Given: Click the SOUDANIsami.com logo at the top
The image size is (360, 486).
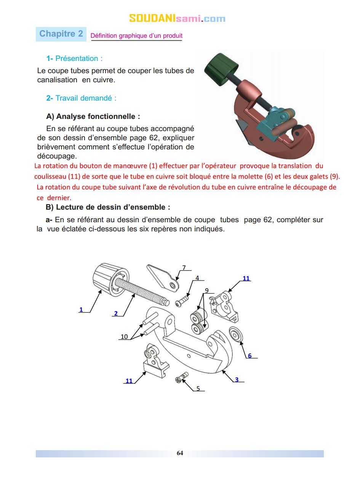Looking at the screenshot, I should [x=177, y=18].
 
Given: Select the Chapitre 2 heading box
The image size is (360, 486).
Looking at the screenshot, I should [x=61, y=34].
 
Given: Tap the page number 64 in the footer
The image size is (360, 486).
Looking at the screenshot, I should [x=180, y=453].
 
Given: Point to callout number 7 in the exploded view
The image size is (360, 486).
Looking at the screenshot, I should [x=184, y=268].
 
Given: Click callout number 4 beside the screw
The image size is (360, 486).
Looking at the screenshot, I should [x=197, y=278].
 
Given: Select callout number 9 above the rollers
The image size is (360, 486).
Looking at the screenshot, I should [x=207, y=290].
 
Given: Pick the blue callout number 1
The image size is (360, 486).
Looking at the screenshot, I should [x=81, y=310].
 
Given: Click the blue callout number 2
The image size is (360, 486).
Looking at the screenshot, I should [x=116, y=313].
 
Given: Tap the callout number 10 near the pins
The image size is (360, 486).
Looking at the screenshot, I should [x=124, y=337].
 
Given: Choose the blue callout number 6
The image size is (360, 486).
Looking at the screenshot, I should [x=250, y=356].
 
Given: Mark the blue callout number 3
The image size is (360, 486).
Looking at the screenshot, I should [x=237, y=380].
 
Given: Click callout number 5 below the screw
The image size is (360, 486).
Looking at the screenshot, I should [x=198, y=388].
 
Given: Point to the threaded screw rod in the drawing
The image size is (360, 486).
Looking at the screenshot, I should [x=141, y=292].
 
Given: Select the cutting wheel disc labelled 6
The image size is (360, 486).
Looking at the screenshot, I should [x=237, y=335].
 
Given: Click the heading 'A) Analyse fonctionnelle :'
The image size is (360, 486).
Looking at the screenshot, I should [x=93, y=116].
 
